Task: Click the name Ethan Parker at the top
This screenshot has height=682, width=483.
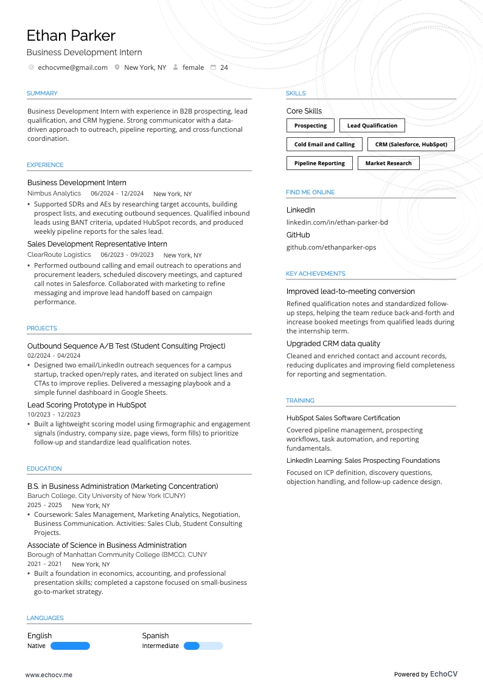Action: click(x=71, y=35)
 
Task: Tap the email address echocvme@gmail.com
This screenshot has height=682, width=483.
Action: click(x=72, y=67)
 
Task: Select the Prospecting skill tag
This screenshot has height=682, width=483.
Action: click(x=310, y=126)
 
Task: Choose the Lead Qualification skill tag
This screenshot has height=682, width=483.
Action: click(x=372, y=126)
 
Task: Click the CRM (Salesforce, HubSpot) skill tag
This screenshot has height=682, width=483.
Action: click(x=411, y=145)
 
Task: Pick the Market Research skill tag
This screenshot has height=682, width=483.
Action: click(x=388, y=163)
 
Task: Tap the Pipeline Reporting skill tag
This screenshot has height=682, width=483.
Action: click(x=319, y=163)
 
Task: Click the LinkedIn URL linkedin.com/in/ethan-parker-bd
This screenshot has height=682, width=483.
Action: click(x=337, y=222)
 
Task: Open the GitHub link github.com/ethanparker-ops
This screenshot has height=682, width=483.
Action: click(x=332, y=247)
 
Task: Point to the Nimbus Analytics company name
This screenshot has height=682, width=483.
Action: click(x=54, y=194)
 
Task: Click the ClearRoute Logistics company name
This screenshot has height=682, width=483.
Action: click(x=59, y=255)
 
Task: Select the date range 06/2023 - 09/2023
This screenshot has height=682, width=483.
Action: click(x=127, y=255)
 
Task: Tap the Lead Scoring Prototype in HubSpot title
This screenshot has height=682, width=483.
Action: click(x=86, y=405)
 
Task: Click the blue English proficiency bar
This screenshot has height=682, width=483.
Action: click(x=70, y=646)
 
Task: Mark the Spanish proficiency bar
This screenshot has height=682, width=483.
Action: click(x=203, y=646)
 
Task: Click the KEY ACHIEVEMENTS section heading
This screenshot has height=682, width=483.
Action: click(x=315, y=274)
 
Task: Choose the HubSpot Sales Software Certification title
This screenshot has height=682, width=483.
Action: click(x=343, y=418)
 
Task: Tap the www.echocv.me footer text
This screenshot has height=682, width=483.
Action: click(x=49, y=675)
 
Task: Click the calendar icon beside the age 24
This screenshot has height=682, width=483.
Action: click(x=213, y=67)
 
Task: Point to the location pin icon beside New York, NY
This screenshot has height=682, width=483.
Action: click(x=117, y=67)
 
